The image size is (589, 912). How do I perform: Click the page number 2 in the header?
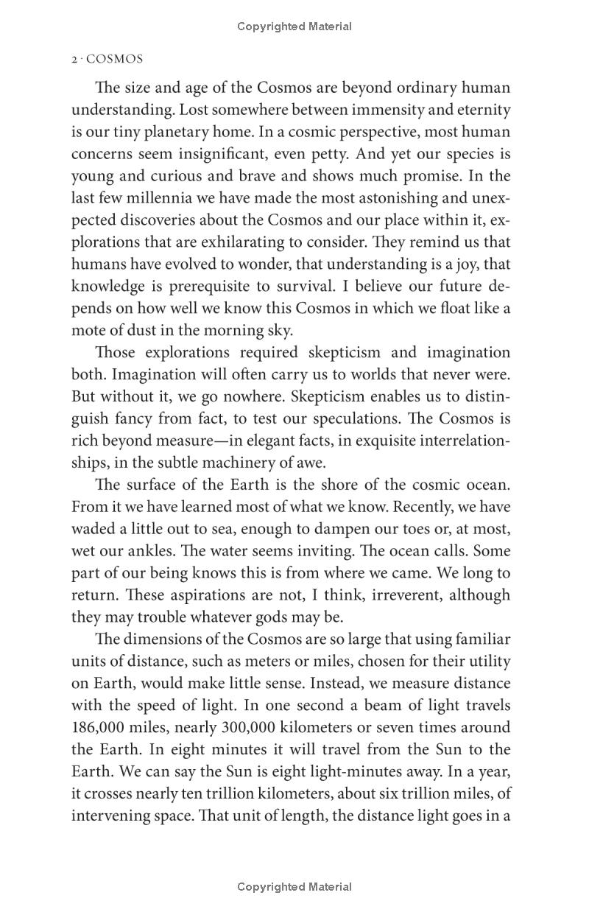point(74,60)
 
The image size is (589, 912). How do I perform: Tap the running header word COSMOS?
point(115,60)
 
